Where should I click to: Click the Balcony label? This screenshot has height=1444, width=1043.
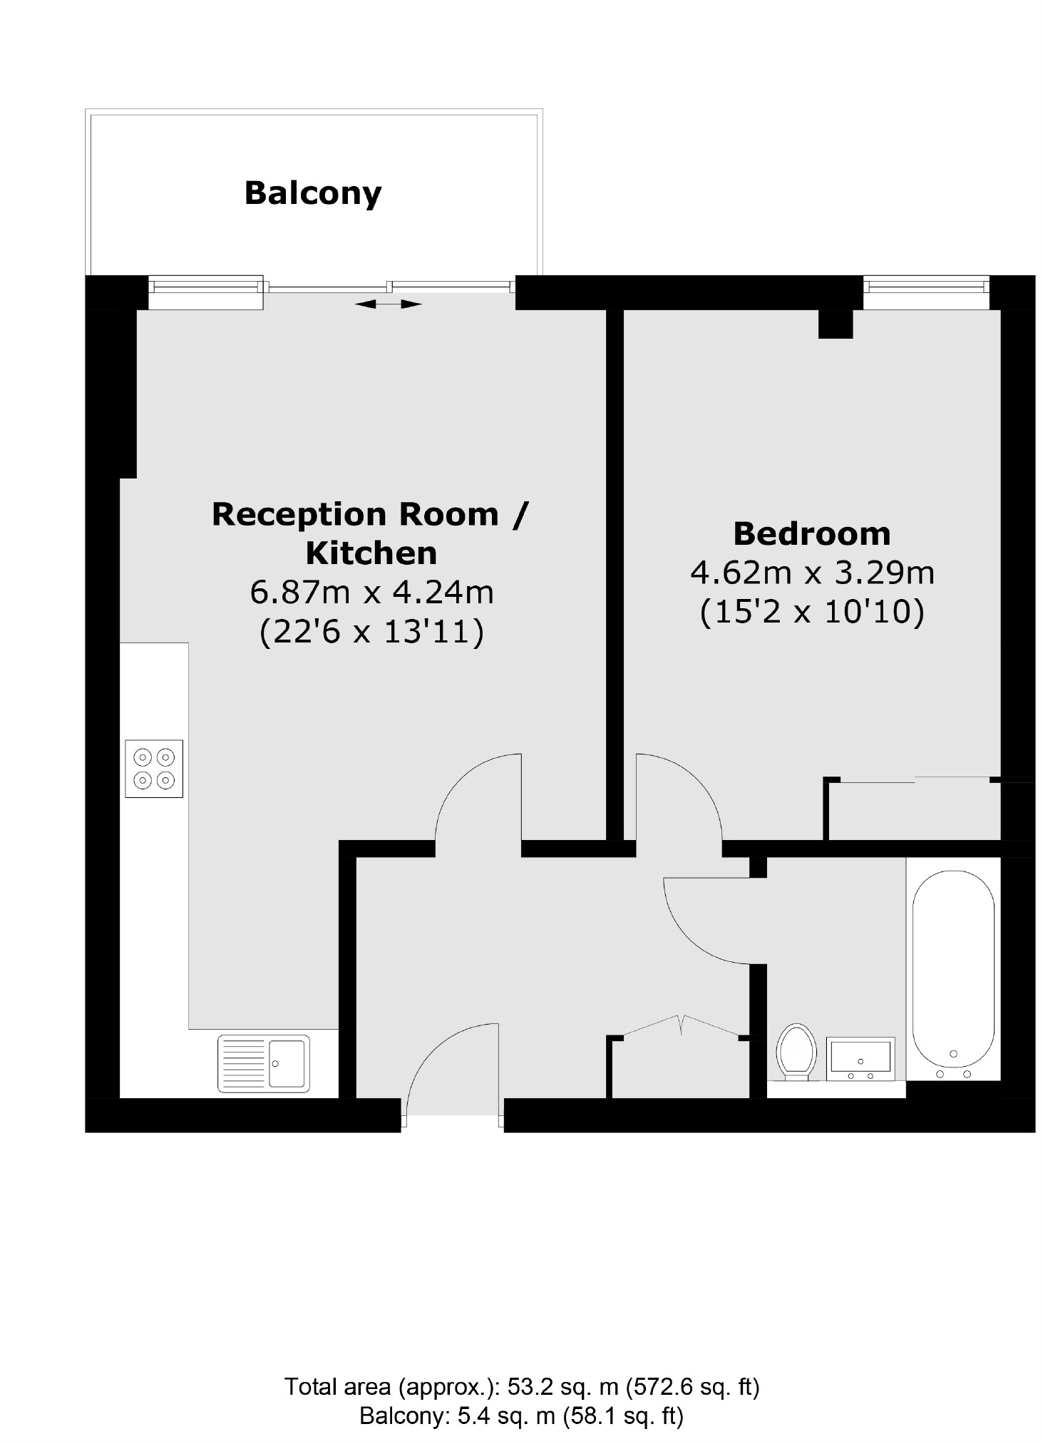pyautogui.click(x=313, y=193)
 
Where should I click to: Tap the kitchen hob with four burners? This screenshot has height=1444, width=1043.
pyautogui.click(x=154, y=768)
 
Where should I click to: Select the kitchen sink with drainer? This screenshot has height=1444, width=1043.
pyautogui.click(x=264, y=1063)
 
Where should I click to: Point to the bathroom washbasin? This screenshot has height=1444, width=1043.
pyautogui.click(x=859, y=1059)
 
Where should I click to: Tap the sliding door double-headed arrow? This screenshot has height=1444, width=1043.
pyautogui.click(x=389, y=304)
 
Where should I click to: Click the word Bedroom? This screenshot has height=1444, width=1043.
pyautogui.click(x=812, y=533)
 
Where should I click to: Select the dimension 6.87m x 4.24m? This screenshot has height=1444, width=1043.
pyautogui.click(x=371, y=592)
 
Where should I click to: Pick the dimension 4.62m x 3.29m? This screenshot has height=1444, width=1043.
pyautogui.click(x=812, y=572)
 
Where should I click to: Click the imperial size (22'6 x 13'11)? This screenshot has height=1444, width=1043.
pyautogui.click(x=371, y=632)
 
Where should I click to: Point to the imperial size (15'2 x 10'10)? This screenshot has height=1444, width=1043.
pyautogui.click(x=812, y=612)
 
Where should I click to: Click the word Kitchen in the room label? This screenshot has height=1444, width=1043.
pyautogui.click(x=371, y=553)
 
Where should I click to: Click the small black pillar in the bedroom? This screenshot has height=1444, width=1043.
pyautogui.click(x=835, y=324)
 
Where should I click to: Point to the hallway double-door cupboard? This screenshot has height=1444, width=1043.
pyautogui.click(x=681, y=1062)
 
